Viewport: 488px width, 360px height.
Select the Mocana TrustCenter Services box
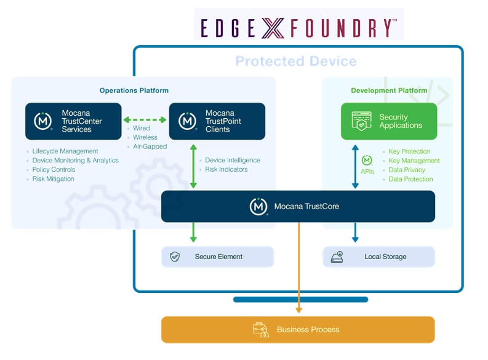(73, 121)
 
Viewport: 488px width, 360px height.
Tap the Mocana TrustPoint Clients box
(217, 121)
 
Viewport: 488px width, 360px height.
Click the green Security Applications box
(389, 121)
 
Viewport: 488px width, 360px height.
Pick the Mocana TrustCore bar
(298, 206)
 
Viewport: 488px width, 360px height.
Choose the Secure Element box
(217, 257)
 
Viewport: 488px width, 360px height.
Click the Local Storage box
(378, 257)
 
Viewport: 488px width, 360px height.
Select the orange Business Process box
(298, 329)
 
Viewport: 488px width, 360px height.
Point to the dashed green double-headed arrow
(145, 120)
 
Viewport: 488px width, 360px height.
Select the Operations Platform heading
(134, 90)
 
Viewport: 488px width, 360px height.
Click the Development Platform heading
(389, 90)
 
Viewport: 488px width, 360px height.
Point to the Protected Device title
(296, 62)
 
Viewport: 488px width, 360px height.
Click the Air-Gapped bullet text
(150, 146)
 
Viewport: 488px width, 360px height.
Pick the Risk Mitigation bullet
(53, 179)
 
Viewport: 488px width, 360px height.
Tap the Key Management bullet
(414, 161)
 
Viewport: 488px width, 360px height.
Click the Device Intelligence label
(232, 160)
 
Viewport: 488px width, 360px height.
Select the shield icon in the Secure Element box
(175, 257)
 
